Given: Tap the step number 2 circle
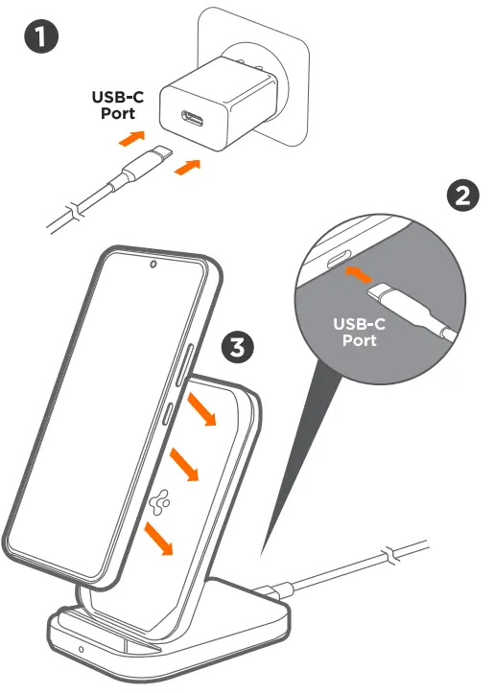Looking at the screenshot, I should point(464,196).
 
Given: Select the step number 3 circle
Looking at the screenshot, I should point(239,346).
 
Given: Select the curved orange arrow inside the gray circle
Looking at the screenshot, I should point(355,274).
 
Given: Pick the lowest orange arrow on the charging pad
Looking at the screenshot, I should point(159,538).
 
